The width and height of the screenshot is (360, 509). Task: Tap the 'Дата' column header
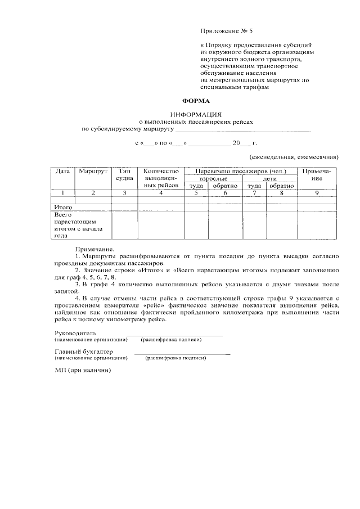click(x=62, y=171)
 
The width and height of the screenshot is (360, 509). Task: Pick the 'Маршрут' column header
click(x=93, y=171)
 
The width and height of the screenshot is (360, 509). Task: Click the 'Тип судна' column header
click(x=124, y=174)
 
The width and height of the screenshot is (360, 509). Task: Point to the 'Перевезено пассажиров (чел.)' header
click(x=241, y=171)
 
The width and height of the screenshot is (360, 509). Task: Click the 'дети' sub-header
click(x=270, y=178)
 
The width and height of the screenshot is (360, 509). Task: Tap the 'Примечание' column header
click(x=317, y=174)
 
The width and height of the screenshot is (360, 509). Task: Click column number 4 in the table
click(x=161, y=193)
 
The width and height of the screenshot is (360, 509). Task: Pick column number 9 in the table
click(x=317, y=193)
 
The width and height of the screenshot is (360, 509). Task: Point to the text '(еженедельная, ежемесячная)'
click(x=293, y=157)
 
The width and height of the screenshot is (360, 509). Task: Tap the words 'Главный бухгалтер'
click(x=79, y=352)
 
